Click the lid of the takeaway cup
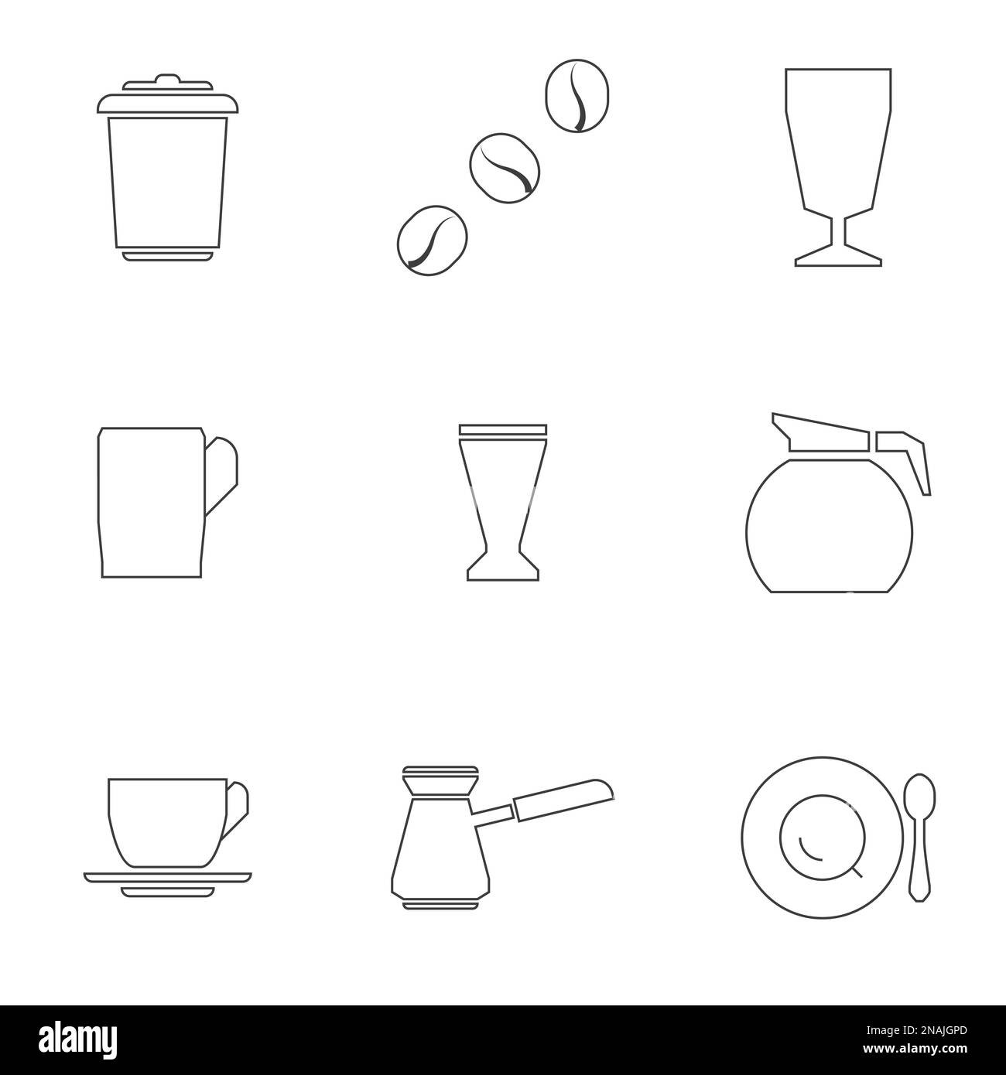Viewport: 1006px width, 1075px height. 166,103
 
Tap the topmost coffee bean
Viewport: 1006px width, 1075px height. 577,96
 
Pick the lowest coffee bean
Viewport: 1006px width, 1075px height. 431,239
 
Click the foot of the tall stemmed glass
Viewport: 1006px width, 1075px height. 838,257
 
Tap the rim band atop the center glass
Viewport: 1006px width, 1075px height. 502,429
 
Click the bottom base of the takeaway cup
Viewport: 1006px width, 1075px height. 166,255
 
